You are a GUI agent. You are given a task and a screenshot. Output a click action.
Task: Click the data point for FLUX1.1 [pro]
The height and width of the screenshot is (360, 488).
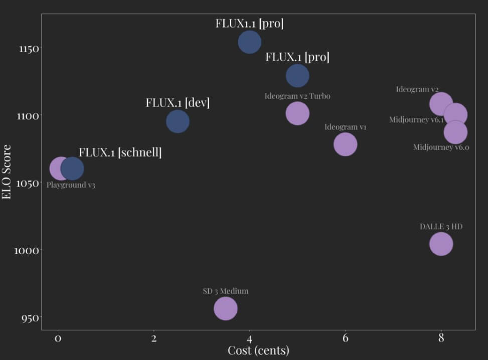tap(249, 42)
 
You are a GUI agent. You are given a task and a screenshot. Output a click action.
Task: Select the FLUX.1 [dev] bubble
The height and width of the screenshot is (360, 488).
tap(178, 121)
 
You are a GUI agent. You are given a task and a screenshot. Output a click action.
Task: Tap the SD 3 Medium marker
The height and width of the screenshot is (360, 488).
tap(226, 308)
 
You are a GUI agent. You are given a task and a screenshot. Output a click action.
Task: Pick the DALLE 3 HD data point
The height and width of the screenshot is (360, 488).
tap(441, 244)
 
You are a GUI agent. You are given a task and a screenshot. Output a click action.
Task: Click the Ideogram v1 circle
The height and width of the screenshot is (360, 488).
tap(345, 144)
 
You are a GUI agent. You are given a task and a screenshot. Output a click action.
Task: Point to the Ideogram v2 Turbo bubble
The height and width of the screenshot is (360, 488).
tap(297, 113)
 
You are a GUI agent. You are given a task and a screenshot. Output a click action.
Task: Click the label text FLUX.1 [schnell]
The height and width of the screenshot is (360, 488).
tap(120, 152)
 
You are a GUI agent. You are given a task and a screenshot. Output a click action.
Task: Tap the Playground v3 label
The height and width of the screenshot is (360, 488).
tap(71, 185)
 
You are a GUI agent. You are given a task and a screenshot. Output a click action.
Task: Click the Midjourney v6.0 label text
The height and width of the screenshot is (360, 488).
tap(441, 147)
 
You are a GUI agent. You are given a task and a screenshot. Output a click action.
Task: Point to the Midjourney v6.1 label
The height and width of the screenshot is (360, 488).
tap(416, 120)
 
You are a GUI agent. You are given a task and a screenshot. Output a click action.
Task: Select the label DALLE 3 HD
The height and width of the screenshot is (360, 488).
tap(441, 227)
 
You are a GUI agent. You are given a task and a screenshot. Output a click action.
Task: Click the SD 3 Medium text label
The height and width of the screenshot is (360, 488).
tap(225, 291)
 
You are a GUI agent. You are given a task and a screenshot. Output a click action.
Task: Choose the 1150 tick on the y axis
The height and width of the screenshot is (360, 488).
tap(23, 49)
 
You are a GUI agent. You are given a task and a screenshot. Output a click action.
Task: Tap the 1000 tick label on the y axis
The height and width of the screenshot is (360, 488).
tap(23, 251)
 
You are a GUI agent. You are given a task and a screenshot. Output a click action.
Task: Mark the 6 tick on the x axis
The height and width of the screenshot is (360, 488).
tap(345, 338)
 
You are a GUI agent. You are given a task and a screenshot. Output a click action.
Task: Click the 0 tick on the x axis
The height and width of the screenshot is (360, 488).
tap(58, 338)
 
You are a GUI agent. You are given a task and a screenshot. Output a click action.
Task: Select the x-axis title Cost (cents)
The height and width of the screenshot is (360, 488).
tap(258, 350)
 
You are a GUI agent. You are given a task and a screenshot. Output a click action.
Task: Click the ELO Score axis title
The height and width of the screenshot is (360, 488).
tap(7, 172)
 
